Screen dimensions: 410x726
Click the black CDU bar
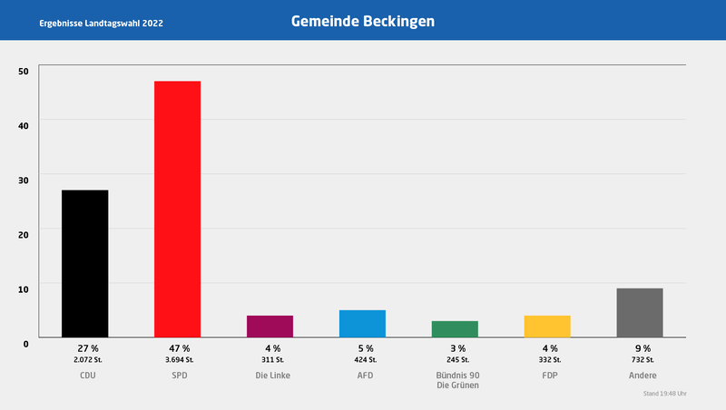click(84, 263)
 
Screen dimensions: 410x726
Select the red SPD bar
click(177, 209)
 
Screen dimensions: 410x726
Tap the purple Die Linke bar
click(270, 326)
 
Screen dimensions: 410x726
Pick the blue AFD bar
click(362, 323)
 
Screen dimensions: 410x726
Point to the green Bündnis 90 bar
click(455, 328)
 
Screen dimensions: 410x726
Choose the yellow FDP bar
click(547, 326)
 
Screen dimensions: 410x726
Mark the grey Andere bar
click(640, 312)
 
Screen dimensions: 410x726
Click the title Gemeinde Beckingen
click(363, 20)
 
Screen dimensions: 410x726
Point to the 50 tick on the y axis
click(23, 71)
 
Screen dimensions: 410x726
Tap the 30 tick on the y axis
click(23, 180)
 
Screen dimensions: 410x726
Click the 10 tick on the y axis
click(23, 288)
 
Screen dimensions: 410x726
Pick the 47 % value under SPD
click(179, 348)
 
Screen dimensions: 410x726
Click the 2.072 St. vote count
click(88, 360)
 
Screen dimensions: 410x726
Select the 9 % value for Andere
click(642, 348)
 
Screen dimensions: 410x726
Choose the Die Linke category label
click(272, 375)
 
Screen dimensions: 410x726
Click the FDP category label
click(550, 375)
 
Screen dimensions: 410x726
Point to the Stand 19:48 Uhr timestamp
click(664, 394)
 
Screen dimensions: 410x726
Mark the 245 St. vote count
click(457, 360)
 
